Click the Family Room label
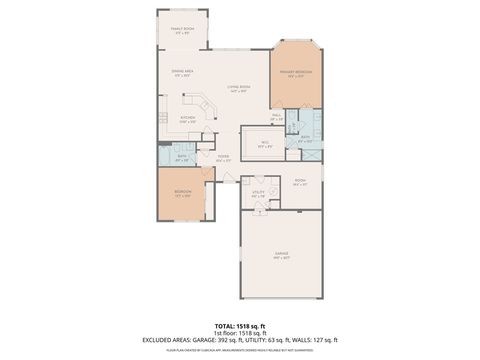(182, 31)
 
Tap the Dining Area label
(182, 72)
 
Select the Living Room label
(237, 88)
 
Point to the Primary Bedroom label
(292, 74)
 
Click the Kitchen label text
(187, 120)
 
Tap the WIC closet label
(265, 143)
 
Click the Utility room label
(258, 194)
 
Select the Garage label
(282, 255)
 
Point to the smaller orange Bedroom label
(182, 194)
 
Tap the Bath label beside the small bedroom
(182, 157)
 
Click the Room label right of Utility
(299, 183)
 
